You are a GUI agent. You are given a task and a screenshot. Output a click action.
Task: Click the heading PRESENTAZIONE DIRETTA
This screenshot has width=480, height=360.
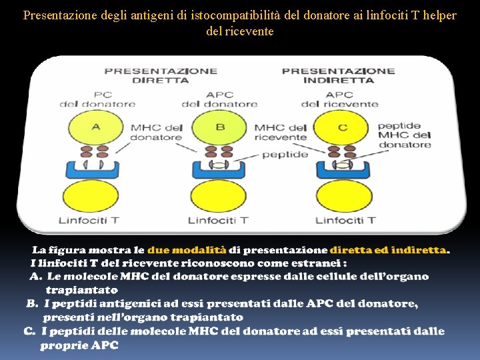(x=161, y=75)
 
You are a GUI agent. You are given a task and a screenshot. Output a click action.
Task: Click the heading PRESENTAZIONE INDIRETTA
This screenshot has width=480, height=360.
(x=338, y=75)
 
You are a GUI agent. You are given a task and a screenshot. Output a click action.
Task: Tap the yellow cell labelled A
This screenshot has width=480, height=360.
(x=95, y=127)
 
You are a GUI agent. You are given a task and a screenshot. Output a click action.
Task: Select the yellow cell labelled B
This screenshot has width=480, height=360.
(x=219, y=127)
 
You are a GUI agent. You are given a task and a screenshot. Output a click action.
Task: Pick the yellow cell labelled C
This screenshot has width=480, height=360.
(x=343, y=127)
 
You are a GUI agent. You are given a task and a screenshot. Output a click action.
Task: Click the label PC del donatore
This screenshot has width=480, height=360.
(x=97, y=99)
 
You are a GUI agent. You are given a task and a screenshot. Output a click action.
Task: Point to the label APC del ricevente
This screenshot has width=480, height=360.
(x=339, y=99)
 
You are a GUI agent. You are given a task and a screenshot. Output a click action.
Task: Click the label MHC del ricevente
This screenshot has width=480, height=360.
(x=280, y=132)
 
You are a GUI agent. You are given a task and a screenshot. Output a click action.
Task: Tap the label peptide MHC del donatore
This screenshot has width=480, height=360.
(x=404, y=135)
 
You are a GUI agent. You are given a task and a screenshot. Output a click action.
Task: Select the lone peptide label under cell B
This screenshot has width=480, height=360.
(x=285, y=154)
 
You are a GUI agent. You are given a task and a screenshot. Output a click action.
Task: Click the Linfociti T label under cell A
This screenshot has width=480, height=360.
(x=89, y=220)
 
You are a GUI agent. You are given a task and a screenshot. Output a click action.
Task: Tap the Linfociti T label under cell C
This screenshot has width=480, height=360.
(x=345, y=220)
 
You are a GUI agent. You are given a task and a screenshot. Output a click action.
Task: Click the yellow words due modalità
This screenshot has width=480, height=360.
(x=186, y=250)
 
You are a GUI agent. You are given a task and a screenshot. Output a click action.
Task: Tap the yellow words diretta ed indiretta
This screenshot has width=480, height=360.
(x=388, y=250)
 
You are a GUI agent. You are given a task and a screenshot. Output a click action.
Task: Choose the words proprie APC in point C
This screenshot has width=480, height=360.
(x=79, y=345)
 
